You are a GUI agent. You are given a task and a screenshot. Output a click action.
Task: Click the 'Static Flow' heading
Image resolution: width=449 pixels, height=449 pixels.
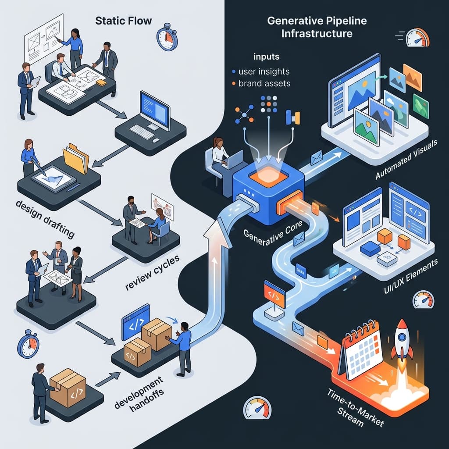coord(123,21)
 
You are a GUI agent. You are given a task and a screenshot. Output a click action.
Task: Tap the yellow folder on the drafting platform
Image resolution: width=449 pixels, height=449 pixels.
coord(76,158)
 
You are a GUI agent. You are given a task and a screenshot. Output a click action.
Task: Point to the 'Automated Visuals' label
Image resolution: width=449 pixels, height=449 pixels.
coord(406,159)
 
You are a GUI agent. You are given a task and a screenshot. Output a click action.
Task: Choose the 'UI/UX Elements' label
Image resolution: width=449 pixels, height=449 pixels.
coord(410,276)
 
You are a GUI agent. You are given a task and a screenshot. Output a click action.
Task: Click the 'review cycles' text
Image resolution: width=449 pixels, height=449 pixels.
coord(153,272)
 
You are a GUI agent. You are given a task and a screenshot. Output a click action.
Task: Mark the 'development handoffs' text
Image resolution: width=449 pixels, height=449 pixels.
coord(139,393)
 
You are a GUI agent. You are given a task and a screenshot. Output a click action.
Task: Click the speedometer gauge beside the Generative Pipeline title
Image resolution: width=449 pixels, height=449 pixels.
coord(418,37)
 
